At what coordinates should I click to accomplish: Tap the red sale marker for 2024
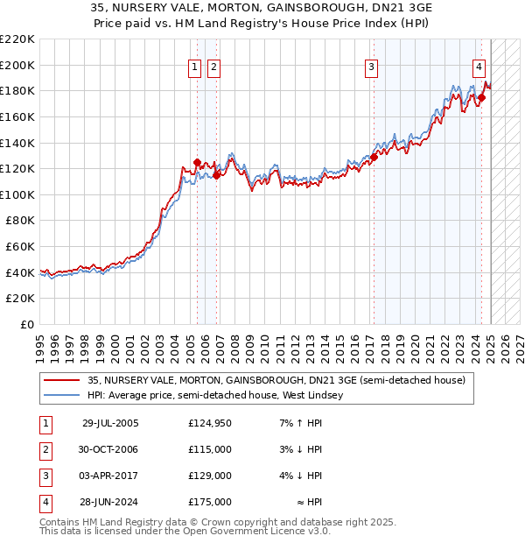481,96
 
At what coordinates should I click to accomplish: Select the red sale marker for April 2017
374,157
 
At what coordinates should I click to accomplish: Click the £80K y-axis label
20,221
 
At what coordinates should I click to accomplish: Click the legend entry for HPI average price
214,395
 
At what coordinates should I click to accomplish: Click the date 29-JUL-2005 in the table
110,424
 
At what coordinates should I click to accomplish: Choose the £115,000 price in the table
210,450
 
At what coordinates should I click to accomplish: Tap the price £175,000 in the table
210,503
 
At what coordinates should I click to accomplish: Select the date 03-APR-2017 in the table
110,476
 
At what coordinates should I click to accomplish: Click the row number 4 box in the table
45,503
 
